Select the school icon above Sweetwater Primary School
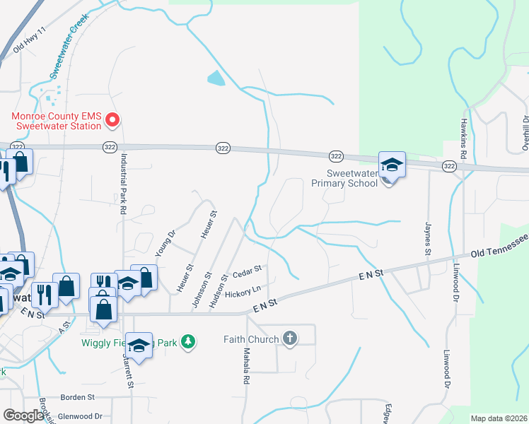click(x=391, y=165)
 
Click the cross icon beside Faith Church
click(x=289, y=338)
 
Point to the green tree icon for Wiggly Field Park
click(x=187, y=342)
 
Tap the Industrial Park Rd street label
click(x=123, y=184)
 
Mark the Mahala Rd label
click(x=247, y=366)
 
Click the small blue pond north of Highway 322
click(x=216, y=79)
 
